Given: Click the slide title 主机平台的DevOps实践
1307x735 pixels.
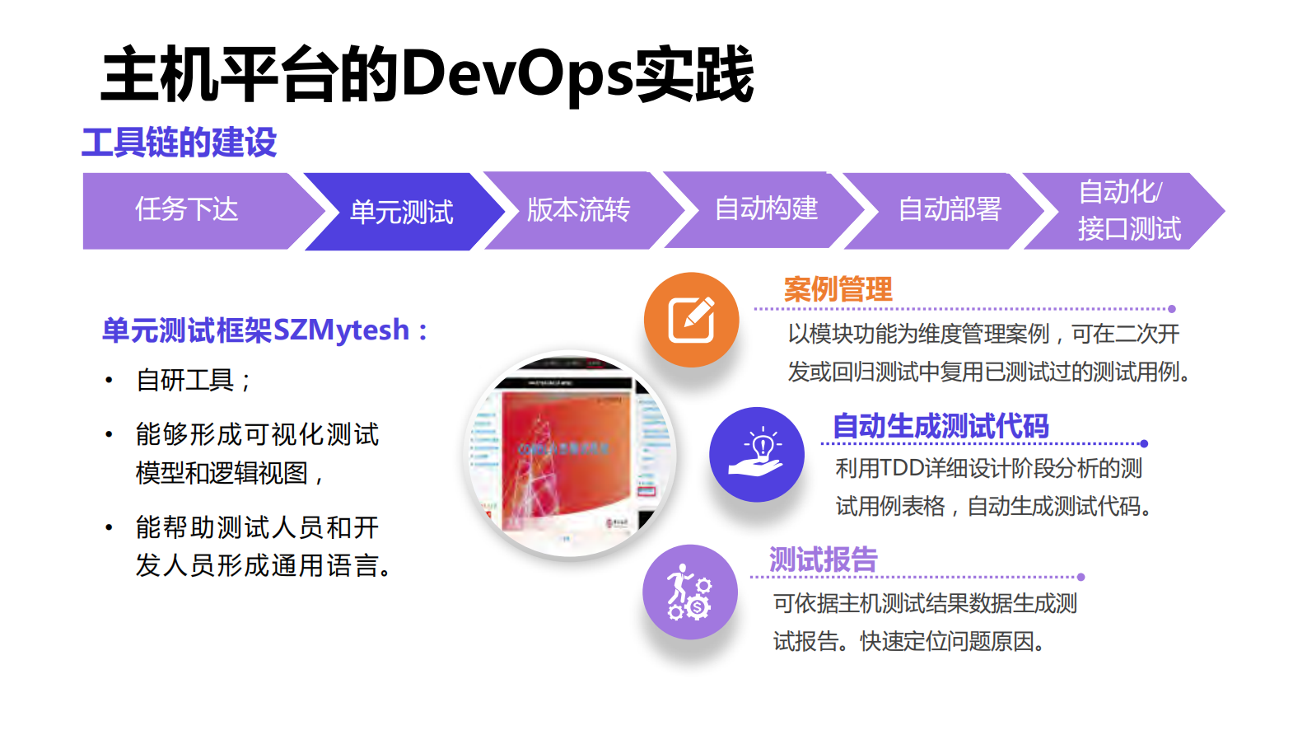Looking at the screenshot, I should [427, 75].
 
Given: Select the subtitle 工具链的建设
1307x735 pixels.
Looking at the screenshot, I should [179, 143].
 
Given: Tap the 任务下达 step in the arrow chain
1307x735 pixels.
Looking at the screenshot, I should [187, 210].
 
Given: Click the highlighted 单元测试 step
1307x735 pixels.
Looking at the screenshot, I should [401, 213].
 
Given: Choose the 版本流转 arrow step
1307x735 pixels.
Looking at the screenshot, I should [578, 210].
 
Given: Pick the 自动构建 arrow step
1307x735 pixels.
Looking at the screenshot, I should [766, 208].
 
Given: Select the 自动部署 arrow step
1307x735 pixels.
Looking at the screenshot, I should [949, 209].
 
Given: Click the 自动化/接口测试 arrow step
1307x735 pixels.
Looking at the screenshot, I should [1128, 211].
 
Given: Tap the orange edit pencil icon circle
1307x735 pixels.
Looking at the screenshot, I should [692, 320].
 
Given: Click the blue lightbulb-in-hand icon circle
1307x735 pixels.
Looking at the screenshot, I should [757, 455].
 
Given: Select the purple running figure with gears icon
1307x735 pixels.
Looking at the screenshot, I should [690, 592].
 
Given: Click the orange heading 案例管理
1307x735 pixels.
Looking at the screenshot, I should [838, 290].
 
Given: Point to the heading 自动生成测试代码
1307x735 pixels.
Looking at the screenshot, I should [941, 426].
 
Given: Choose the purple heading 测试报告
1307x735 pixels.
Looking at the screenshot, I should [823, 559].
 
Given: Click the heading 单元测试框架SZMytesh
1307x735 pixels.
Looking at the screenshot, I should [264, 330].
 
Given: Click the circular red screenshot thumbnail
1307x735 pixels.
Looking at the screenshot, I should [571, 456].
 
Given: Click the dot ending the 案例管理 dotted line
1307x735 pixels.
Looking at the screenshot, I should [1172, 309].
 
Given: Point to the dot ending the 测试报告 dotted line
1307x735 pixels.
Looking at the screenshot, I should [1081, 577].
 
